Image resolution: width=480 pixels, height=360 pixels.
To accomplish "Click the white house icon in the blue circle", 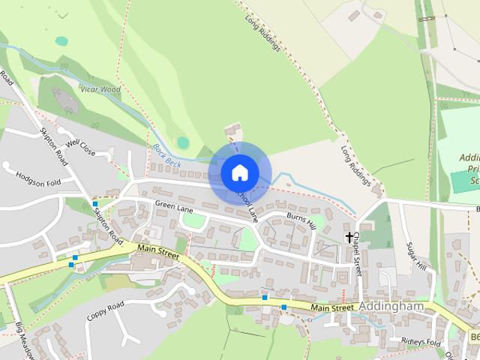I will [239, 173].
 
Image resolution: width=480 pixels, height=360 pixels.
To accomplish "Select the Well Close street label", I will [80, 146].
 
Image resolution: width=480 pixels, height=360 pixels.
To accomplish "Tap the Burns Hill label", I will [301, 220].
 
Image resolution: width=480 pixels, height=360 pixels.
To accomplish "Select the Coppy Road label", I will [104, 311].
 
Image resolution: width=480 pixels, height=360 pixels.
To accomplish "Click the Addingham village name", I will [392, 307].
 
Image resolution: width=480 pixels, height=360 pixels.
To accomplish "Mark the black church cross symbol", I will [349, 237].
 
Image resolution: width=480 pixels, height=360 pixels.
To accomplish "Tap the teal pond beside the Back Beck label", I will [183, 142].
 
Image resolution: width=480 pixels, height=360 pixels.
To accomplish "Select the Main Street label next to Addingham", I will [331, 307].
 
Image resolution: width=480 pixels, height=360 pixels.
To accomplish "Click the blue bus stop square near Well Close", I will [95, 204].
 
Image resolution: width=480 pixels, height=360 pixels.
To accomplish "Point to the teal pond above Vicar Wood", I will [61, 41].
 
